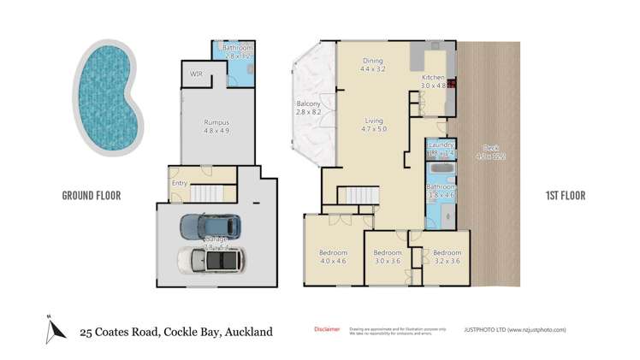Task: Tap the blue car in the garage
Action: pyautogui.click(x=210, y=227)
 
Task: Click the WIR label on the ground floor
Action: pyautogui.click(x=196, y=74)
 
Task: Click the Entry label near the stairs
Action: pyautogui.click(x=180, y=183)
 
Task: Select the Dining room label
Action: pyautogui.click(x=372, y=61)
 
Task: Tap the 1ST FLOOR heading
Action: pyautogui.click(x=565, y=196)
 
